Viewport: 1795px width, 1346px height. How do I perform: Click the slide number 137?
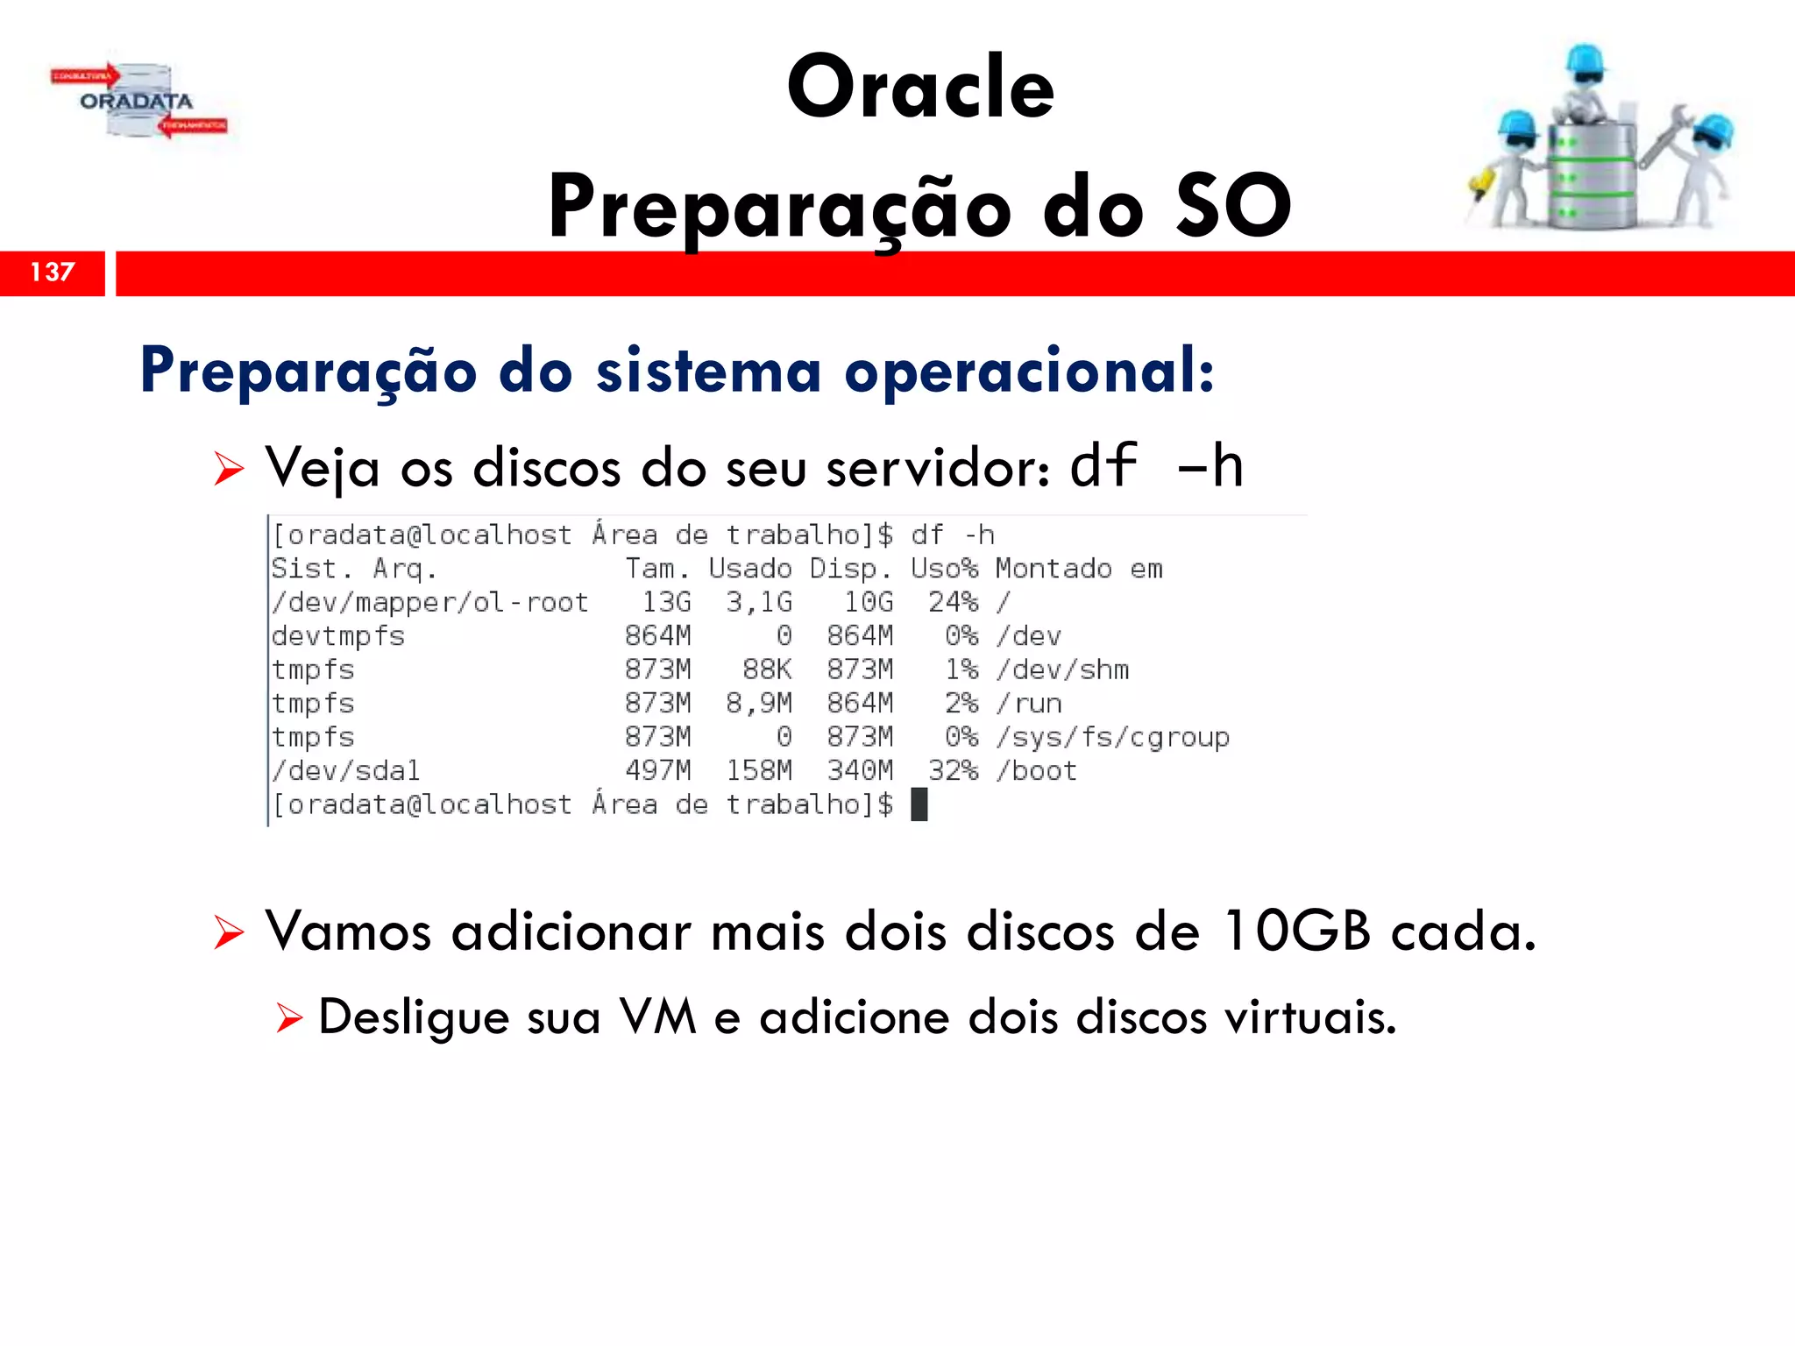pyautogui.click(x=53, y=273)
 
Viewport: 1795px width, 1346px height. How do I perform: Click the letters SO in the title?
pyautogui.click(x=1232, y=206)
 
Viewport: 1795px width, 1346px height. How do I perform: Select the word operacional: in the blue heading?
pyautogui.click(x=1029, y=371)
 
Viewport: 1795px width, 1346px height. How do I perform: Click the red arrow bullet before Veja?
pyautogui.click(x=229, y=470)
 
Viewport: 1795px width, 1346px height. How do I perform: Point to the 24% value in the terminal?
pyautogui.click(x=953, y=602)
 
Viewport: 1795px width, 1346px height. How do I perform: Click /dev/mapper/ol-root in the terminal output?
pyautogui.click(x=429, y=602)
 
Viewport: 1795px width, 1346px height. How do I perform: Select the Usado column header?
pyautogui.click(x=750, y=569)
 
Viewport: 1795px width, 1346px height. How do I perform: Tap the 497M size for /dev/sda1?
pyautogui.click(x=657, y=771)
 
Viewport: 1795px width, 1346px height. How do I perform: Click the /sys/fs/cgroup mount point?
pyautogui.click(x=1113, y=738)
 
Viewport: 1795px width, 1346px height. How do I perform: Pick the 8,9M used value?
pyautogui.click(x=758, y=704)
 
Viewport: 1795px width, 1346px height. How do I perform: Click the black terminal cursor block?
pyautogui.click(x=919, y=804)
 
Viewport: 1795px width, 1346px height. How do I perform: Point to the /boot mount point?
pyautogui.click(x=1037, y=771)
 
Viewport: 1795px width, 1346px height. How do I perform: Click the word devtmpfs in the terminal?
pyautogui.click(x=338, y=636)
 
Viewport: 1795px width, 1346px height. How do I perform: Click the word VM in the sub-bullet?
pyautogui.click(x=657, y=1017)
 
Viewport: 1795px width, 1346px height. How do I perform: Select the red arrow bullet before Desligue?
pyautogui.click(x=288, y=1019)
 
